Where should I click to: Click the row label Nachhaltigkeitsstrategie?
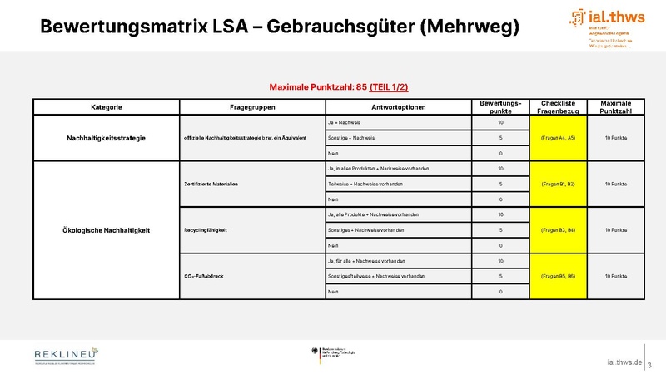coord(106,138)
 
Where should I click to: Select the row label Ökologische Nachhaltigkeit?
coord(106,230)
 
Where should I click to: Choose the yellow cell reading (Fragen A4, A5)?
coord(558,138)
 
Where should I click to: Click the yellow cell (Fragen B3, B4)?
coord(558,230)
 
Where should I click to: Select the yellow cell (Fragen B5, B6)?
coord(558,276)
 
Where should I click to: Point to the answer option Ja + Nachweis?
coord(344,122)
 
